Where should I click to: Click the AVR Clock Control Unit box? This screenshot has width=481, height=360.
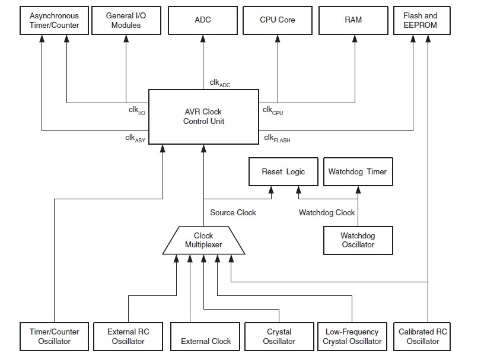(x=203, y=117)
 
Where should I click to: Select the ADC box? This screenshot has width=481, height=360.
(x=203, y=20)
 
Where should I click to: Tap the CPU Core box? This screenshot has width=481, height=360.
(x=278, y=20)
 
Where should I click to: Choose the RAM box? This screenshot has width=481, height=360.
(x=353, y=20)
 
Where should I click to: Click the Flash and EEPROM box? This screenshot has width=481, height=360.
(x=420, y=20)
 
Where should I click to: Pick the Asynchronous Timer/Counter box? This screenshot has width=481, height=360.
(x=54, y=20)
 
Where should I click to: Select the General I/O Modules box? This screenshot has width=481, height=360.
(x=126, y=20)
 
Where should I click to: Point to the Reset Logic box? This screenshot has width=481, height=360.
(x=283, y=172)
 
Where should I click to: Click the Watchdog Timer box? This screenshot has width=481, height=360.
(x=357, y=172)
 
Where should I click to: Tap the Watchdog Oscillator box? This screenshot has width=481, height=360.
(x=357, y=240)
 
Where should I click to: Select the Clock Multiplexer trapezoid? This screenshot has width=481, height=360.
(x=203, y=240)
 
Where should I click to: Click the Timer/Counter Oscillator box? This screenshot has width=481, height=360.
(x=54, y=336)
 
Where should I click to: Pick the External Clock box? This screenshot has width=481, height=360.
(x=206, y=341)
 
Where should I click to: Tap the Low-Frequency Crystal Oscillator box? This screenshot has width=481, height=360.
(x=352, y=336)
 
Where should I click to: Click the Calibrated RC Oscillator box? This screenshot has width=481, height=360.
(x=422, y=336)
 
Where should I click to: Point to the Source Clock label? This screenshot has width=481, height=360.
(x=233, y=212)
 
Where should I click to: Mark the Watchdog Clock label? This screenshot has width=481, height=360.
(x=326, y=212)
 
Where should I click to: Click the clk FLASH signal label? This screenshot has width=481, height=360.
(x=277, y=139)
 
